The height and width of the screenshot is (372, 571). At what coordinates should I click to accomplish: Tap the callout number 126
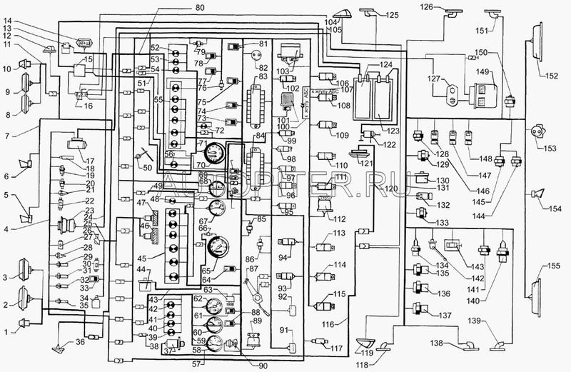point(426,7)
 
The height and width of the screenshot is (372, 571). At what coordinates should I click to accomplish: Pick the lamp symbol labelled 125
point(370,11)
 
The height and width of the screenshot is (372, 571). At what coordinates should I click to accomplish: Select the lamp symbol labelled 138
point(468,346)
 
